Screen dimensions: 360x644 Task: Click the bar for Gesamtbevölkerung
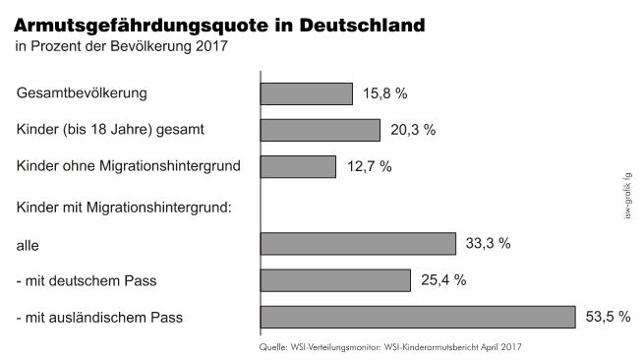point(306,93)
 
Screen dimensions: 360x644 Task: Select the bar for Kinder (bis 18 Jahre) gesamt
point(320,130)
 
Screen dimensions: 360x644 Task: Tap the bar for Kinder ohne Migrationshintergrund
point(298,166)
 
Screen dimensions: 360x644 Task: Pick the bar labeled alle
point(358,244)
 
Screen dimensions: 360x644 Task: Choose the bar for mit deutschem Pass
point(335,280)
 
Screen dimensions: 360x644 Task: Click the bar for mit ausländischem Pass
point(417,317)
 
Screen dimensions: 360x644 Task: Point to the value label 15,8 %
point(385,94)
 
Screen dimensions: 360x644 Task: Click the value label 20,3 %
point(413,130)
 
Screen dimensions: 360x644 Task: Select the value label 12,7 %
point(370,167)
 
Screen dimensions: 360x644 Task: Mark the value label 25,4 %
point(443,281)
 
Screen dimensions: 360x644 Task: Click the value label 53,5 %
point(608,318)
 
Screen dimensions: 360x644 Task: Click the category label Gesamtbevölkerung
point(82,93)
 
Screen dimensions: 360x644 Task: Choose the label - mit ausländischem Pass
point(100,318)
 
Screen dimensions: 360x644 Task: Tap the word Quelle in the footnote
point(272,347)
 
